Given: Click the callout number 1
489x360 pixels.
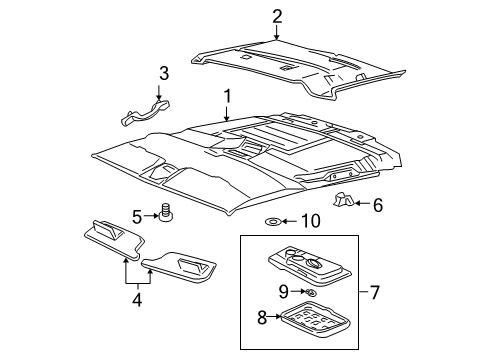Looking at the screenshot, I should coord(227,96).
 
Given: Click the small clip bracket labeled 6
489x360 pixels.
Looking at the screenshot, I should coord(345,202).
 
